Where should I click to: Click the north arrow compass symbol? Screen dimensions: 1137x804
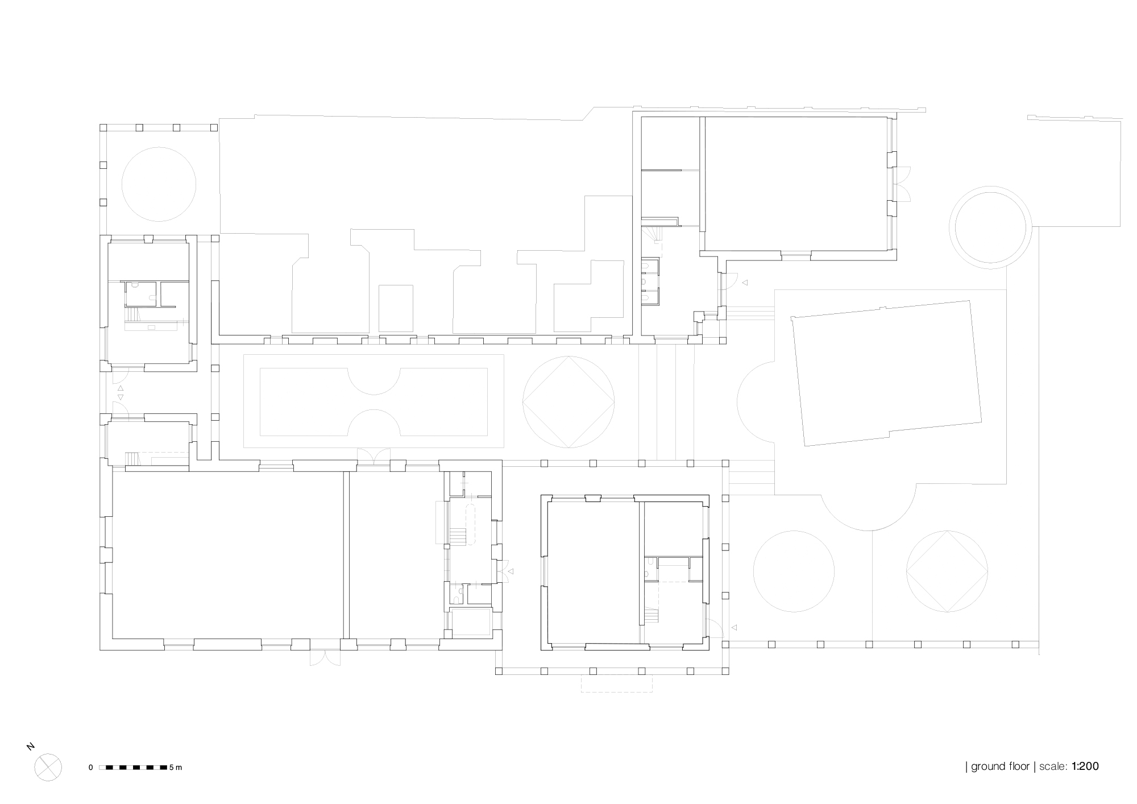(48, 767)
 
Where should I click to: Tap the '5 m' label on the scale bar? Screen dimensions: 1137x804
(175, 768)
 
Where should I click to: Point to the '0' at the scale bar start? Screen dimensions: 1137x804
(90, 768)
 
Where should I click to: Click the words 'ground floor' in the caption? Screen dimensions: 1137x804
(1000, 766)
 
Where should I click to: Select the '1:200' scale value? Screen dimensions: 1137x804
(1085, 766)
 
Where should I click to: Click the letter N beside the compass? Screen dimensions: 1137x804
(31, 747)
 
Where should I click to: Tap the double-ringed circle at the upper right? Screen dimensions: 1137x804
(990, 227)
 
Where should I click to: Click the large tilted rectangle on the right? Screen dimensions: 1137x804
(887, 373)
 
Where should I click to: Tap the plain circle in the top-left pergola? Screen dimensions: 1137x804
(159, 184)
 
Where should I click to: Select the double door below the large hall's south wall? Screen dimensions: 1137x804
(325, 657)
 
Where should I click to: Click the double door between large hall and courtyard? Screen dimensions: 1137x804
(374, 456)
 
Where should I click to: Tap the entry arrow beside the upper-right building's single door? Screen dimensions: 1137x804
(744, 283)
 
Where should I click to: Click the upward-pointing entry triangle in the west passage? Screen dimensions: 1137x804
(120, 389)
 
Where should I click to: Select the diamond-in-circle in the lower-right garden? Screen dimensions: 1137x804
(947, 571)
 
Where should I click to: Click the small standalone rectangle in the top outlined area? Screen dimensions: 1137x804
(396, 308)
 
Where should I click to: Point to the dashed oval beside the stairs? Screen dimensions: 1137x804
(471, 524)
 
